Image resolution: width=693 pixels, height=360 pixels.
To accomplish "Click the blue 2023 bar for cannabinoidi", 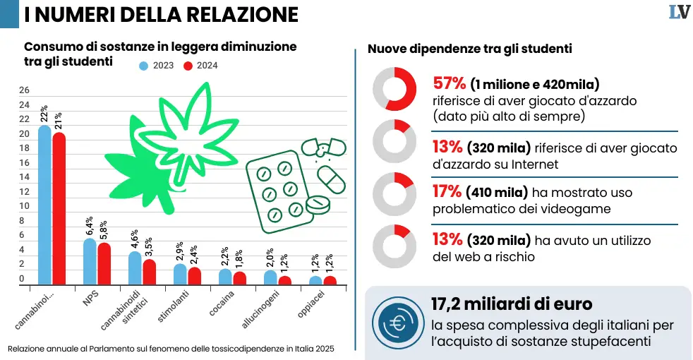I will tap(44, 205).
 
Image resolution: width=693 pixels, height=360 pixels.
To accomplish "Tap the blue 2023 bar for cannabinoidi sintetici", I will tap(135, 268).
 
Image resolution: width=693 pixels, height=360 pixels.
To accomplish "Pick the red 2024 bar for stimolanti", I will tap(194, 275).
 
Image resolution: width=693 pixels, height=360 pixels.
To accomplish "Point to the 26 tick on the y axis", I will tap(24, 90).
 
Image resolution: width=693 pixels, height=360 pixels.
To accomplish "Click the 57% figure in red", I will tap(447, 84).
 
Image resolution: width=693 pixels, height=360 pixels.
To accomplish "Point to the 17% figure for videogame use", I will tap(447, 191).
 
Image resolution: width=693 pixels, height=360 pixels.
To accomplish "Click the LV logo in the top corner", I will tap(679, 12).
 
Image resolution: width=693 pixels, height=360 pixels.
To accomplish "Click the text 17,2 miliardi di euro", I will tap(511, 304).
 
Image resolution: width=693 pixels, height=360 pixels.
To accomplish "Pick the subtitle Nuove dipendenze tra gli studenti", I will tap(469, 49).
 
